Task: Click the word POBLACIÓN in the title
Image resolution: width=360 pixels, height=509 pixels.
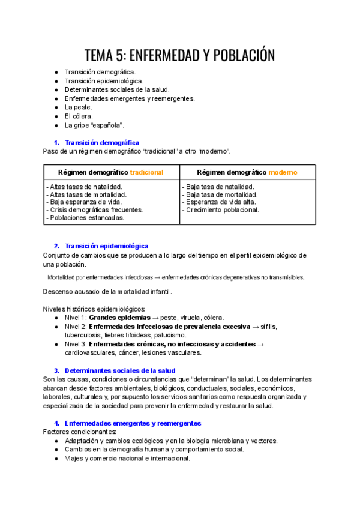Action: click(239, 56)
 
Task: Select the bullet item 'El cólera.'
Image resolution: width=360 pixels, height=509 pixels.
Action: click(79, 116)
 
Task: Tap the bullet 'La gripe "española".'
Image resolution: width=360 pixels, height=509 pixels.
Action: click(94, 125)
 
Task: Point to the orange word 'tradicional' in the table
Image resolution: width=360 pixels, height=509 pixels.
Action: click(146, 172)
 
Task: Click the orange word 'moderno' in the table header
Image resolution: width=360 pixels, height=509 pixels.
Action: click(282, 172)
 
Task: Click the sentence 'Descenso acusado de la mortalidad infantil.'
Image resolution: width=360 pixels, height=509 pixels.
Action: click(107, 291)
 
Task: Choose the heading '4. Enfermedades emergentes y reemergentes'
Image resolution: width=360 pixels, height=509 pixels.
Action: click(131, 423)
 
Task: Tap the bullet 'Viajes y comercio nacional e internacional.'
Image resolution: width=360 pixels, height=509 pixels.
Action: click(127, 458)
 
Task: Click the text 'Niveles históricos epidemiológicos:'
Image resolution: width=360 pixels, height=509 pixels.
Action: click(94, 309)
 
